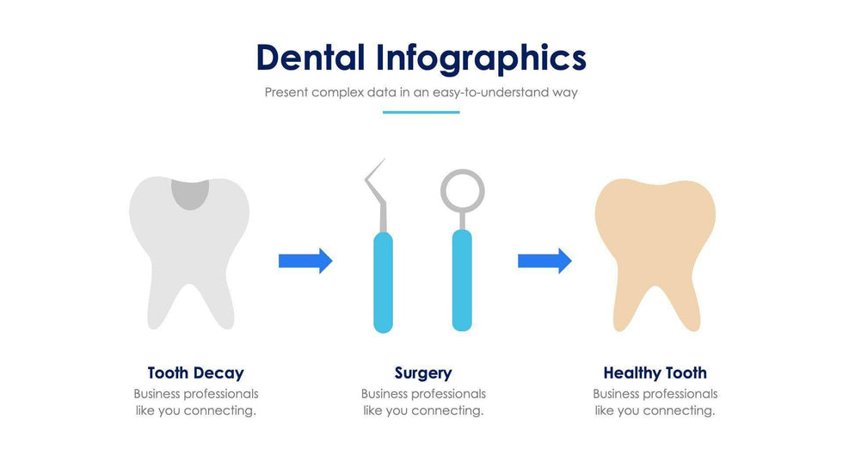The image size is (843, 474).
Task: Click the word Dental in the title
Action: click(311, 58)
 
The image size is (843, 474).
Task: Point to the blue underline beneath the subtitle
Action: click(421, 113)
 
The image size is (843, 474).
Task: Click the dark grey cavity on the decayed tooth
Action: click(190, 194)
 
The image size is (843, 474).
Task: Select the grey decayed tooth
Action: click(189, 253)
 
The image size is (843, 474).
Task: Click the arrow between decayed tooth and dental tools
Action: click(305, 262)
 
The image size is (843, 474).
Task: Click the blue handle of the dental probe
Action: click(384, 282)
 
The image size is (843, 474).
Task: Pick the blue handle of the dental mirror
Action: click(462, 280)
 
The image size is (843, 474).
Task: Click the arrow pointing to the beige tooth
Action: click(545, 262)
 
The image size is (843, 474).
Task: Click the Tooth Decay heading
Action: click(196, 373)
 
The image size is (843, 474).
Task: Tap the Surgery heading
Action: click(423, 373)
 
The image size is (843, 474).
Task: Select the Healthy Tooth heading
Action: click(655, 373)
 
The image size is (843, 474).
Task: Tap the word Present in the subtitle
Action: click(286, 92)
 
